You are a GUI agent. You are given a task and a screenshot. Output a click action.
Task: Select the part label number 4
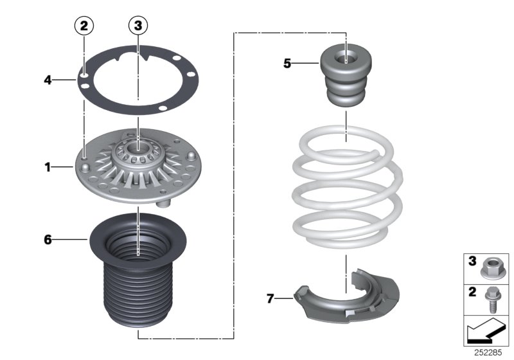47,80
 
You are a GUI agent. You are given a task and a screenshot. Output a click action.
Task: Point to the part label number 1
47,168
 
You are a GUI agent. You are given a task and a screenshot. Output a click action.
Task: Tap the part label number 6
47,240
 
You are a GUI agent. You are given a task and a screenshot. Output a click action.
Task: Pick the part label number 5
287,63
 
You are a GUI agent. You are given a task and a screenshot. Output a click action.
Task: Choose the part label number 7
270,298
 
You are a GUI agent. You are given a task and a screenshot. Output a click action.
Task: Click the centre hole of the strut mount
139,155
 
